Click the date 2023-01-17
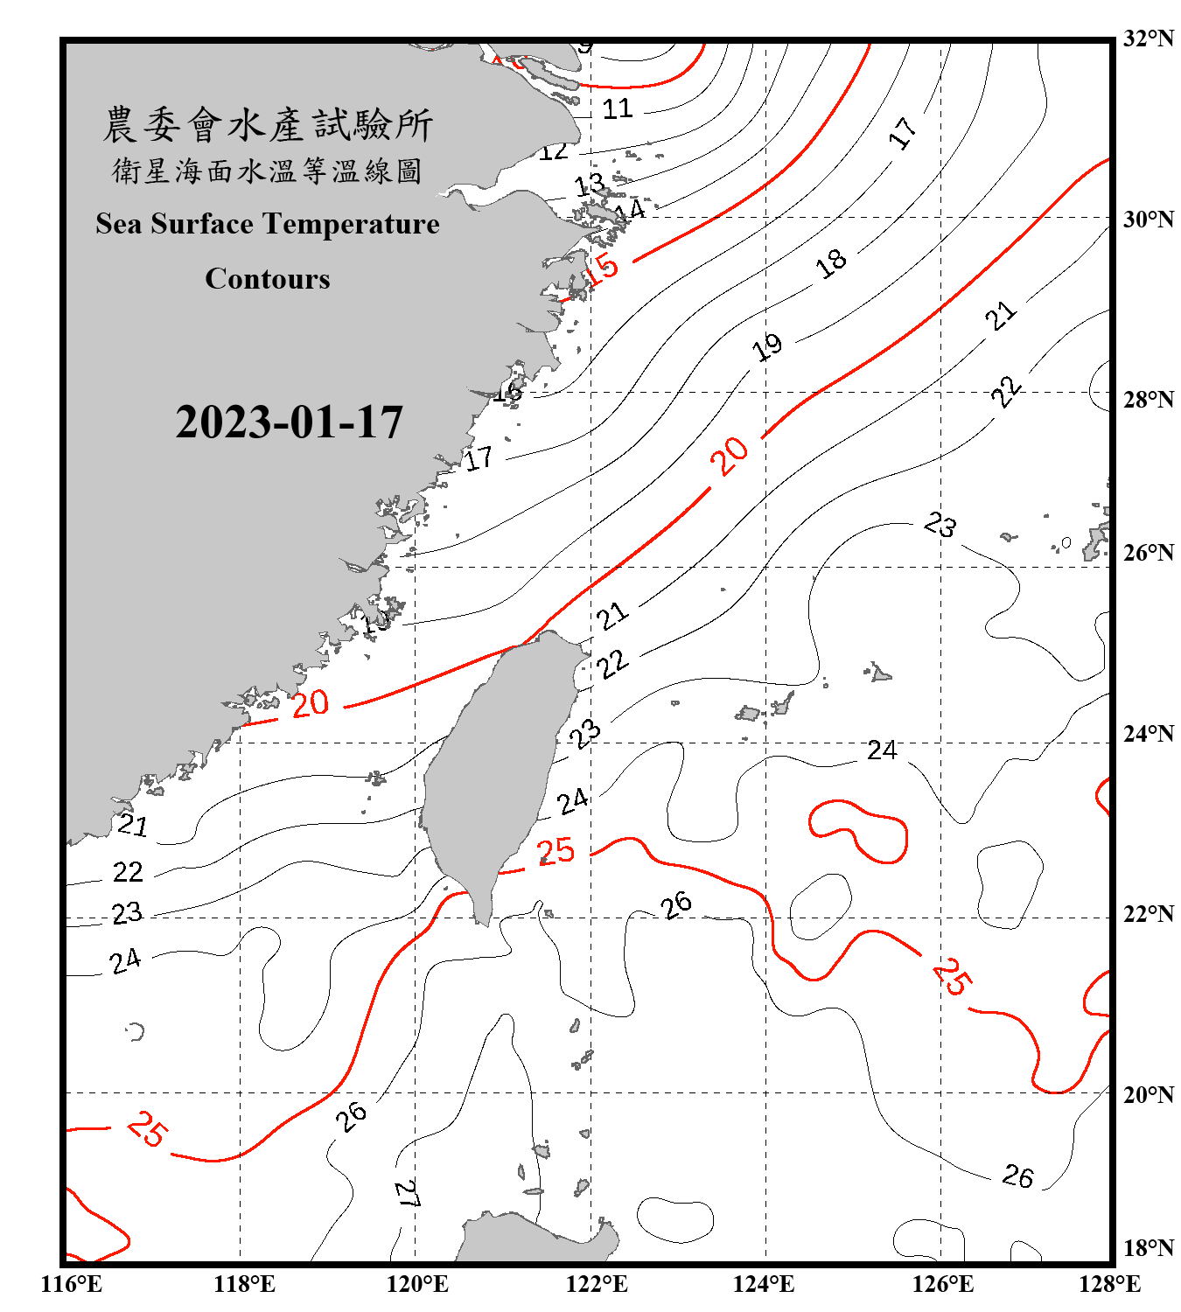pos(289,422)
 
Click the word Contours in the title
pos(268,279)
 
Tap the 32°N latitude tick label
pos(1148,38)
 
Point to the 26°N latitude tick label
pos(1148,553)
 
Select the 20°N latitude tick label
pos(1148,1094)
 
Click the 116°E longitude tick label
pos(72,1284)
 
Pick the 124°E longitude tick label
pos(764,1284)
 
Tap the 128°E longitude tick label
pos(1109,1284)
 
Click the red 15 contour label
pos(601,269)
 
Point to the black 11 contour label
pos(617,109)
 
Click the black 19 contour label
pos(767,347)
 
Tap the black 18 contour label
pos(831,262)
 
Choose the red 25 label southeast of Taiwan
pos(556,851)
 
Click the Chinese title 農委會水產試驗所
pos(268,125)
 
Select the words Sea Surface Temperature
pos(268,224)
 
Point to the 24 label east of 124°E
pos(882,750)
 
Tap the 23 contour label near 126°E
pos(940,525)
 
